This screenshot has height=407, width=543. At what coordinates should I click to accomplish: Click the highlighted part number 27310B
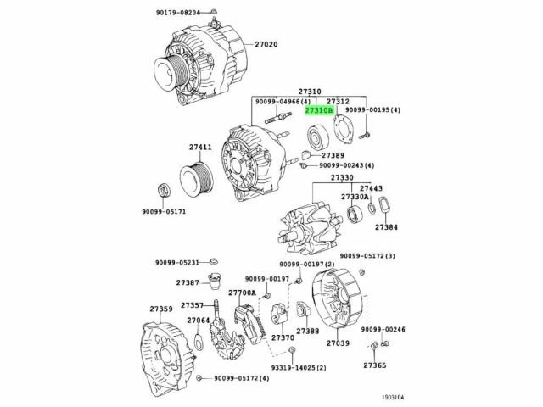(x=320, y=110)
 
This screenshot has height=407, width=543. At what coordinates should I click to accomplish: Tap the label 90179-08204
(x=178, y=13)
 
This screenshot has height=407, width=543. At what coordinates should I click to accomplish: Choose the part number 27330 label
(x=342, y=177)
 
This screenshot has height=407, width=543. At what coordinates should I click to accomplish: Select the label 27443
(x=371, y=188)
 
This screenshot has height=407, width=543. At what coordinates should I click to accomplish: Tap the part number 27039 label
(x=338, y=343)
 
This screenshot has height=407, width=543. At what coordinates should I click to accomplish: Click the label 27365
(x=375, y=365)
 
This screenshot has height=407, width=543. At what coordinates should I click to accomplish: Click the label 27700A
(x=243, y=293)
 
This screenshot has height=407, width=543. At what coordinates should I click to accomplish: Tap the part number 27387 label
(x=188, y=282)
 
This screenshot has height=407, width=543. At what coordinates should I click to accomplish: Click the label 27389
(x=332, y=156)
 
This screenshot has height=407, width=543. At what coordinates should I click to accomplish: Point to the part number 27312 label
(x=339, y=100)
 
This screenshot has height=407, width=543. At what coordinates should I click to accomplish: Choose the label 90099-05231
(x=178, y=262)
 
